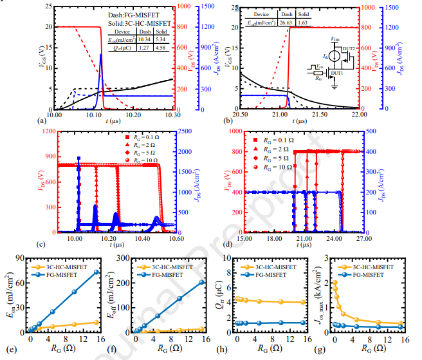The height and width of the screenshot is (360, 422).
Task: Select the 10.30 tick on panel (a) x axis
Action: pos(173,114)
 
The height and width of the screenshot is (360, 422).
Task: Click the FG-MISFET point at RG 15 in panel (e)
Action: pos(96,272)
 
